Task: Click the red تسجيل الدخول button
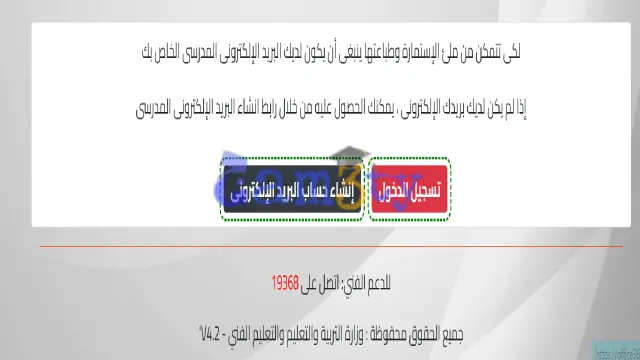pyautogui.click(x=410, y=189)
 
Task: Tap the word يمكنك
pyautogui.click(x=374, y=106)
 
